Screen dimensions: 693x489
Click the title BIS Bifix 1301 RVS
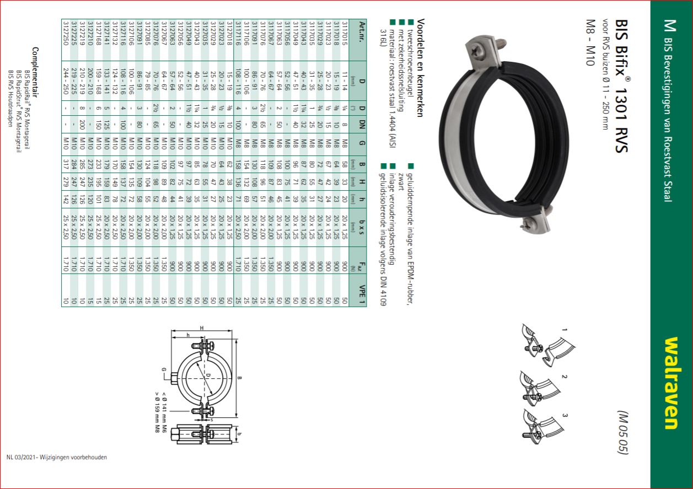point(622,86)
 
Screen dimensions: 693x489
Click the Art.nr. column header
point(362,31)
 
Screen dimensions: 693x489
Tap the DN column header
point(362,125)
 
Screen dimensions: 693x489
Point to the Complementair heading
point(35,72)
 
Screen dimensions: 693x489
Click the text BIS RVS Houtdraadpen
point(10,98)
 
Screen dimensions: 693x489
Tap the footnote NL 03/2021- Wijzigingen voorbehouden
point(57,457)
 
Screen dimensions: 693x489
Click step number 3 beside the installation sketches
point(565,415)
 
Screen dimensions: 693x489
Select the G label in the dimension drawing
point(164,369)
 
